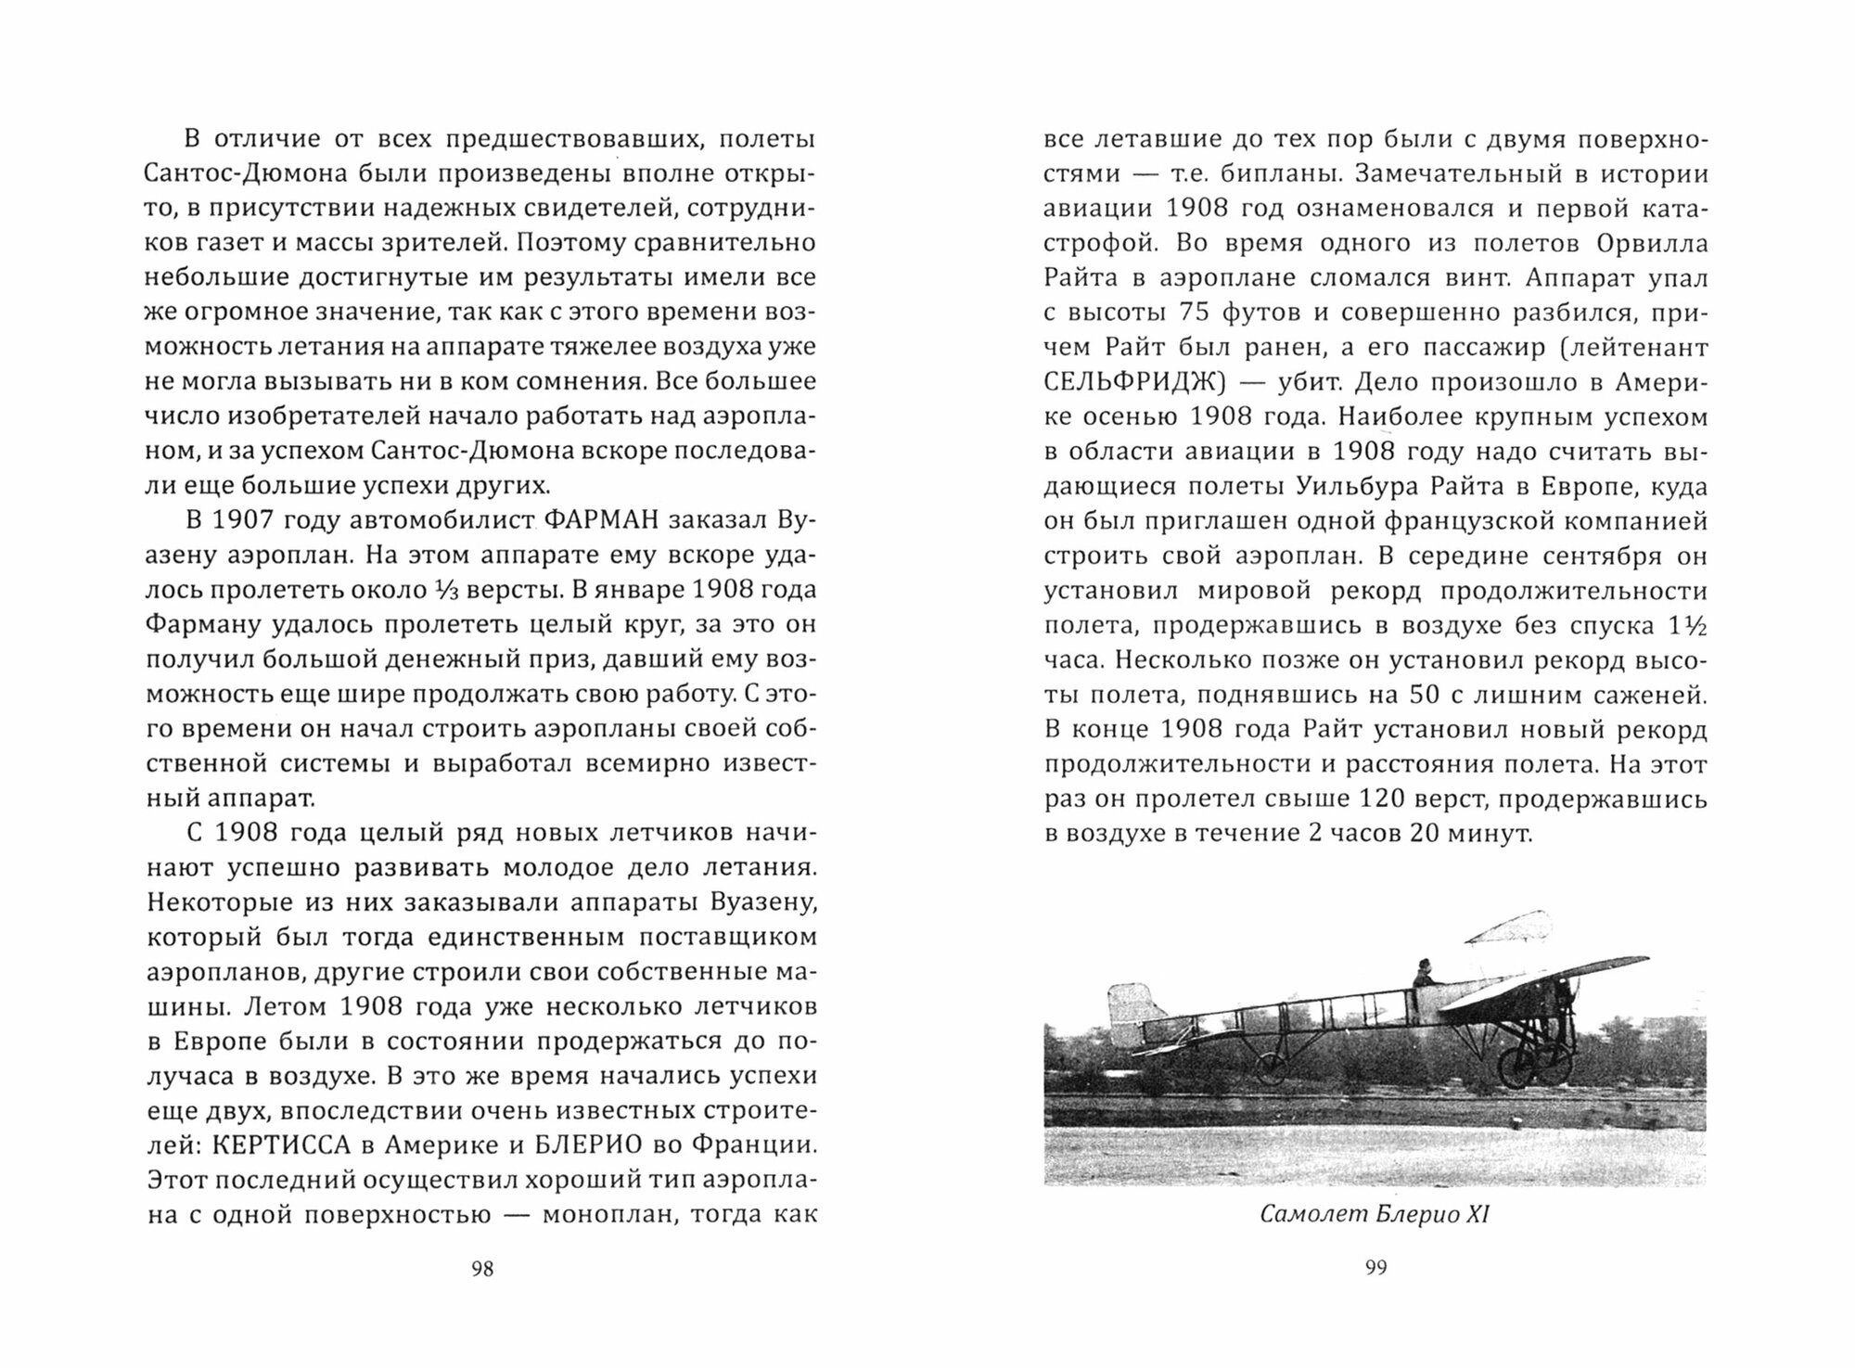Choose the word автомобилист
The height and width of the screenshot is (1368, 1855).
[x=426, y=519]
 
